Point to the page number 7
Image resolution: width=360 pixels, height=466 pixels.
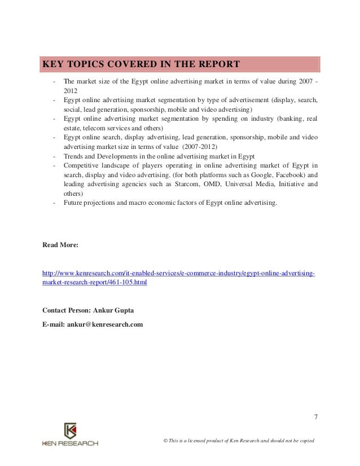tap(315, 418)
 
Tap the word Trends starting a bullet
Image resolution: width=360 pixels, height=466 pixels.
tap(73, 156)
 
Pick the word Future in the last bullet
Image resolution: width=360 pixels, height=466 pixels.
tap(72, 201)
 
